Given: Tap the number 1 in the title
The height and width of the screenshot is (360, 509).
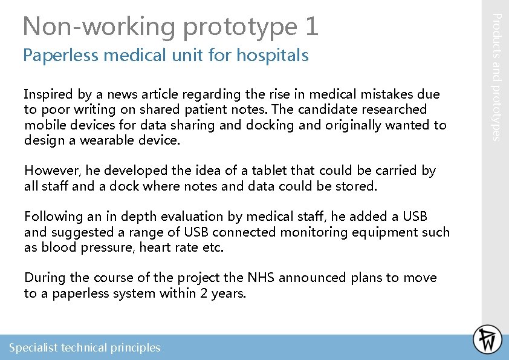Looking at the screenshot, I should [x=311, y=26].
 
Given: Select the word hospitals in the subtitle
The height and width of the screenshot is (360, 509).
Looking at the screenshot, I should [x=273, y=56].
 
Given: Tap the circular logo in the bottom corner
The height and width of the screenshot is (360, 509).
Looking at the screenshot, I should [x=487, y=339].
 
